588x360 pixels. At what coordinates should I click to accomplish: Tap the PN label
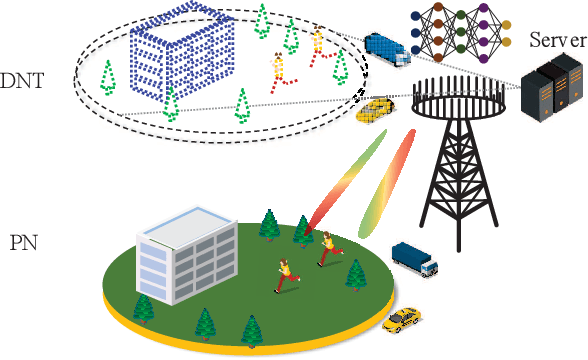coord(23,240)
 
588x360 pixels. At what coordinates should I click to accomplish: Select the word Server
coord(558,39)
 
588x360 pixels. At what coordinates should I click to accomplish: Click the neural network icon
coord(456,30)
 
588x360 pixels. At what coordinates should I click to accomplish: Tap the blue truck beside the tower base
coord(414,257)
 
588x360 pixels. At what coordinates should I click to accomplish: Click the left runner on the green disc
coord(284,273)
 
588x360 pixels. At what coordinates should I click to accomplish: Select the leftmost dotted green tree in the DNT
coord(108,74)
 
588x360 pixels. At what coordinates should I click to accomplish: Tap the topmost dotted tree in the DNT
coord(263,17)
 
